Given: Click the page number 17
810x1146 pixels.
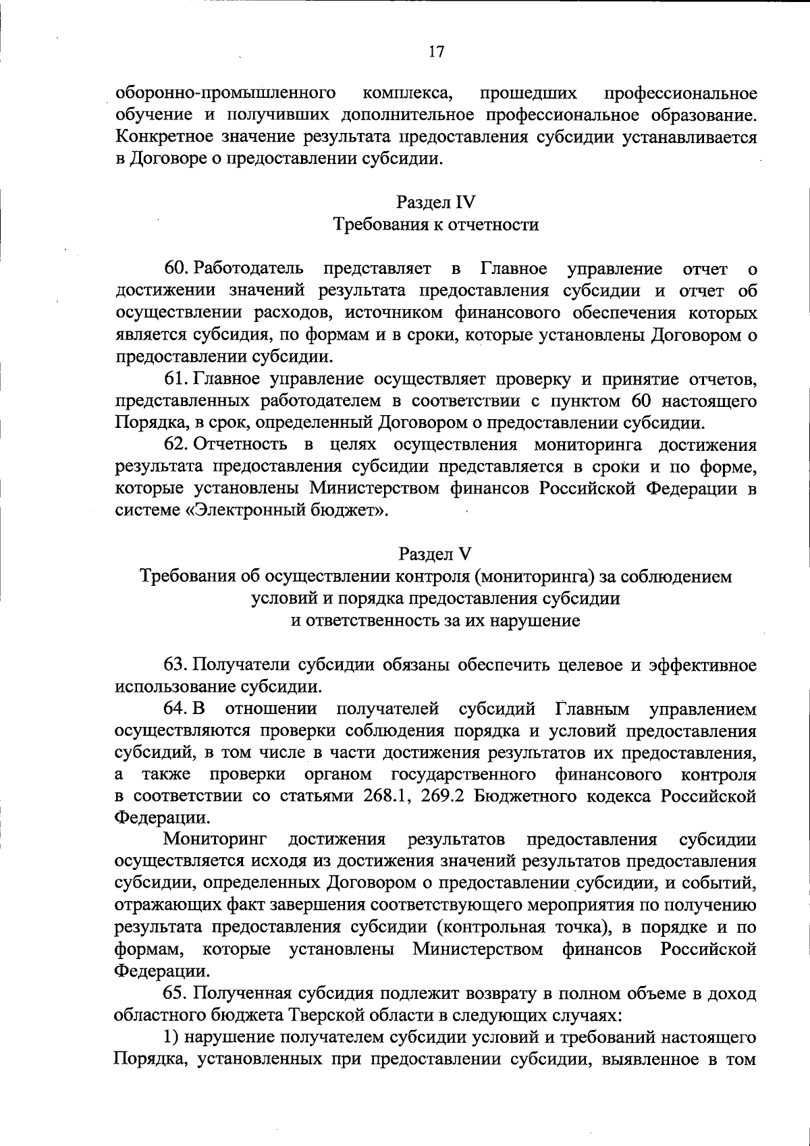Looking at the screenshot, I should [436, 52].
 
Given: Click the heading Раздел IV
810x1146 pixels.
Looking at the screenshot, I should [436, 202].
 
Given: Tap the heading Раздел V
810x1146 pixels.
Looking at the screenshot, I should [435, 554].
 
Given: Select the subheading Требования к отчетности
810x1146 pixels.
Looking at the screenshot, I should [436, 224].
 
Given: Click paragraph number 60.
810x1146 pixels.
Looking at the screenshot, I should [176, 269].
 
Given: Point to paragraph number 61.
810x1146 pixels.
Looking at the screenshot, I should [176, 379].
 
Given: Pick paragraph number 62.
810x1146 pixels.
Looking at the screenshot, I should [176, 445].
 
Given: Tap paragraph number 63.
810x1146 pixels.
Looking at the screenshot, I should [176, 665].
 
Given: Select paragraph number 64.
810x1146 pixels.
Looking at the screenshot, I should [176, 709].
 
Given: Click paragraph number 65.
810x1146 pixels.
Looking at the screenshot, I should [176, 993].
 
